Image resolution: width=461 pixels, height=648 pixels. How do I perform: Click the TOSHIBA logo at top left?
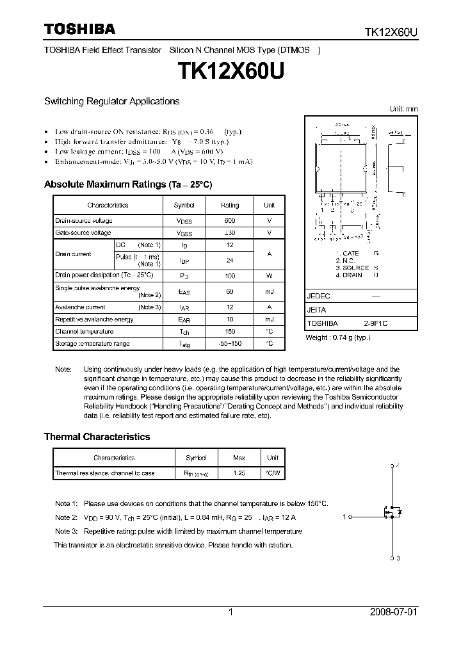coord(79,29)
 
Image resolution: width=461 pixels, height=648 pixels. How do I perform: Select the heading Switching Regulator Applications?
coord(111,101)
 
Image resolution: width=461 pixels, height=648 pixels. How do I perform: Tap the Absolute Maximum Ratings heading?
coord(127,184)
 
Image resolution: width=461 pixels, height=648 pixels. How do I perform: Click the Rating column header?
coord(230,205)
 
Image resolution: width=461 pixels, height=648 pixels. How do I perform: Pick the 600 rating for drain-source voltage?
coord(230,220)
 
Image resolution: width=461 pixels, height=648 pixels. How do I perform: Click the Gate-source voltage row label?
coord(83,232)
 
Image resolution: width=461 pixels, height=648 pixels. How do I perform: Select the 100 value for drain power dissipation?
coord(230,275)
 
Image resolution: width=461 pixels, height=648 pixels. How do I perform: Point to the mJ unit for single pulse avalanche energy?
coord(269,292)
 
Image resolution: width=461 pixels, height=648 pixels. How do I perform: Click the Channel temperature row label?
coord(85,332)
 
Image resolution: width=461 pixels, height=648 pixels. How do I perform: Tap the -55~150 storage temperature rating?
coord(230,344)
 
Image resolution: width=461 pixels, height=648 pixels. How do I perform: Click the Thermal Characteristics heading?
coord(97,437)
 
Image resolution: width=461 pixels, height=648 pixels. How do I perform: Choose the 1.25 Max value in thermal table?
coord(239,473)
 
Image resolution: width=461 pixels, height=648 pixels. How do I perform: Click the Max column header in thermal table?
coord(239,458)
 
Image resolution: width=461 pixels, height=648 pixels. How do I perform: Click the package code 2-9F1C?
coord(375,324)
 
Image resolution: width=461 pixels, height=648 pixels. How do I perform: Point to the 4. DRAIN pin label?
coord(349,275)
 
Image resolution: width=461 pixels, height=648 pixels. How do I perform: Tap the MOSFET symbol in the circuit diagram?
coord(392,512)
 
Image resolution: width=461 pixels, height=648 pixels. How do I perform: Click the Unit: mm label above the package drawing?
coord(403,109)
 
